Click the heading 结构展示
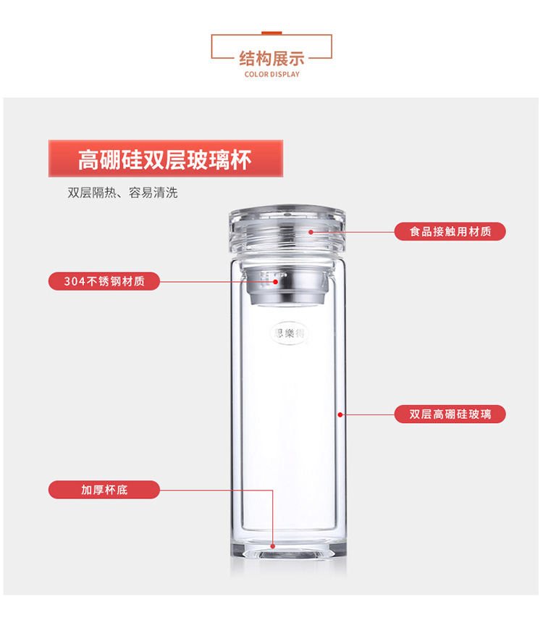[x=271, y=59]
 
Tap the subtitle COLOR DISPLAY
[x=271, y=74]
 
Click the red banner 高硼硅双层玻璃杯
[x=166, y=159]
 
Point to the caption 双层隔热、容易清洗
[x=122, y=193]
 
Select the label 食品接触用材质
[x=450, y=232]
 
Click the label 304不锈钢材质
[x=104, y=281]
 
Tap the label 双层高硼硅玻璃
[x=450, y=414]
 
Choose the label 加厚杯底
[x=104, y=490]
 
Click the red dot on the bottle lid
[x=311, y=232]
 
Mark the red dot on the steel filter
[x=275, y=282]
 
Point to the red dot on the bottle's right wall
[x=340, y=415]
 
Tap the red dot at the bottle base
[x=273, y=546]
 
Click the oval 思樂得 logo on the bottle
[x=290, y=333]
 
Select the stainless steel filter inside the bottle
[x=287, y=287]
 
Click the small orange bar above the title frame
[x=271, y=33]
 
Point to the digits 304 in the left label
[x=75, y=281]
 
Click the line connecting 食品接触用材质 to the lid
[x=353, y=232]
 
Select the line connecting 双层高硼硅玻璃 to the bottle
[x=367, y=415]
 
